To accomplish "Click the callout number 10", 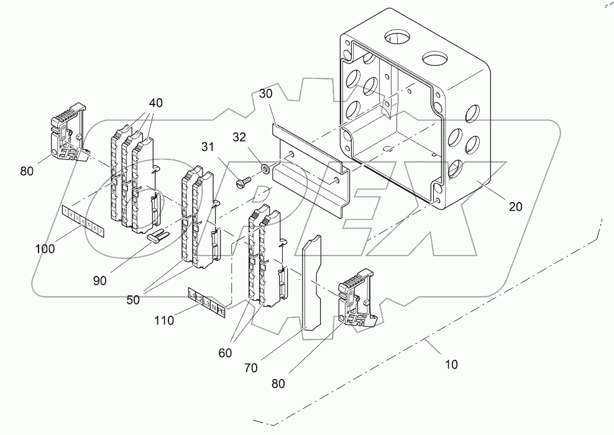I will pyautogui.click(x=451, y=364).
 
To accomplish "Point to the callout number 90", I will pyautogui.click(x=99, y=280).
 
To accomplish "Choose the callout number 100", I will pyautogui.click(x=45, y=249).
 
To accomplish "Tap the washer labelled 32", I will pyautogui.click(x=265, y=168).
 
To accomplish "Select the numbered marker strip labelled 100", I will pyautogui.click(x=83, y=220).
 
